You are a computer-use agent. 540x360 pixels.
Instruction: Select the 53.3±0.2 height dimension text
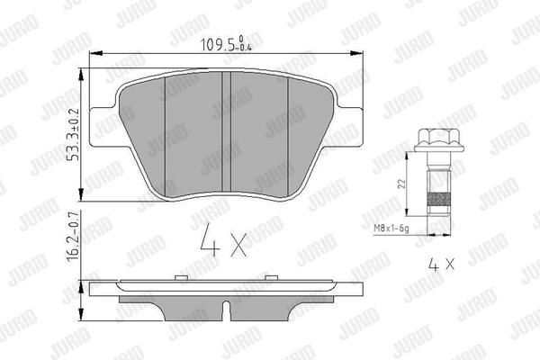click(x=73, y=135)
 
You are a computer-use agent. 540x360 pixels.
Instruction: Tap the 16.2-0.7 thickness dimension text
click(x=73, y=237)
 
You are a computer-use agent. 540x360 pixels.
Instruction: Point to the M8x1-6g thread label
click(x=391, y=229)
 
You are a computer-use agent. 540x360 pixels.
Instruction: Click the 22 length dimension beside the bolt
click(x=401, y=184)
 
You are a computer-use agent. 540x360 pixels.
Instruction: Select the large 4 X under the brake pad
click(x=223, y=240)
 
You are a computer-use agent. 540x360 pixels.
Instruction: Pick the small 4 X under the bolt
click(x=441, y=265)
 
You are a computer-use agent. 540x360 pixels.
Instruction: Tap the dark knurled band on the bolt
click(x=438, y=198)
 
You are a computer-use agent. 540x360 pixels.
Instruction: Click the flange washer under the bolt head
click(x=436, y=148)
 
